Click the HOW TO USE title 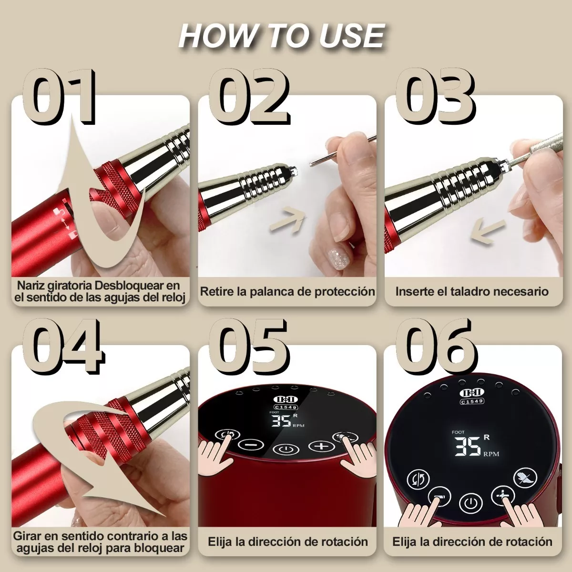[282, 36]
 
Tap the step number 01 [60, 96]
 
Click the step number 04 [63, 346]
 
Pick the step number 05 [249, 346]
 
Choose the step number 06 [436, 346]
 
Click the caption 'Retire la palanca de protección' [287, 291]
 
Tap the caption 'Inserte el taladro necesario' [472, 291]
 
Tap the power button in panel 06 [470, 504]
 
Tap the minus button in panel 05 [251, 444]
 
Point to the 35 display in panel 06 [468, 446]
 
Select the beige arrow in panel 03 [488, 232]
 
